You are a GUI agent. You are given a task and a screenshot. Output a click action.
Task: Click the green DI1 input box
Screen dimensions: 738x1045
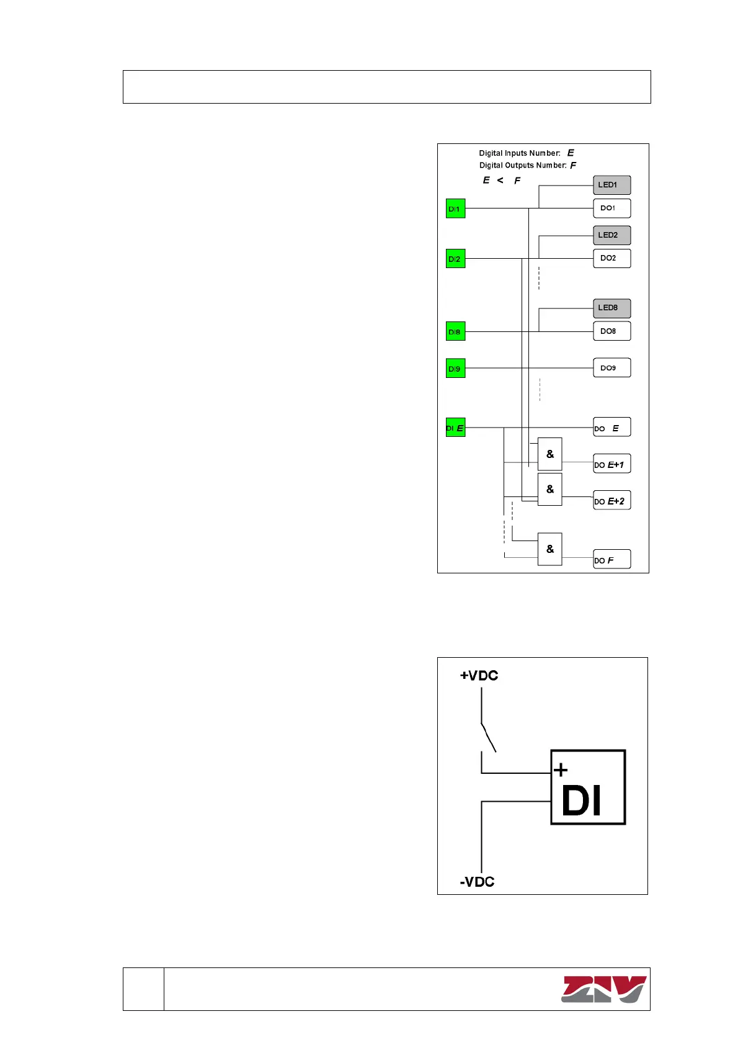(455, 209)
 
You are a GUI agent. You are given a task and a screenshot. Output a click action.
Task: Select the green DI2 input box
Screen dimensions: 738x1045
(455, 259)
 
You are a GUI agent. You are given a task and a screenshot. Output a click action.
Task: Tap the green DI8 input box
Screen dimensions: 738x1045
(455, 331)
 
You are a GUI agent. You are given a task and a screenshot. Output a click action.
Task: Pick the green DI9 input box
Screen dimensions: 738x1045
(455, 368)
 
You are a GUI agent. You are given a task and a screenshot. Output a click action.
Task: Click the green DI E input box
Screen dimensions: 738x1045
(455, 428)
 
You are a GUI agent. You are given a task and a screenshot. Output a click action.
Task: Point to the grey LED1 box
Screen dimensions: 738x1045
(611, 185)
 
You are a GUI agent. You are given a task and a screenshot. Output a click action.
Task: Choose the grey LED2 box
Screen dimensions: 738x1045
(611, 235)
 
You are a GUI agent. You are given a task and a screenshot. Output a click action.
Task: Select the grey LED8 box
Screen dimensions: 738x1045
(611, 308)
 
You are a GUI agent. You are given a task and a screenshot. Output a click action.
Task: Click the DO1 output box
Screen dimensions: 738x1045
(611, 208)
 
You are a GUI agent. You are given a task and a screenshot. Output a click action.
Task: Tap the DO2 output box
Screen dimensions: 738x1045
(611, 258)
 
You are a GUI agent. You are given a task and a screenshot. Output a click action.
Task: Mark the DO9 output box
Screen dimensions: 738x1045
(611, 367)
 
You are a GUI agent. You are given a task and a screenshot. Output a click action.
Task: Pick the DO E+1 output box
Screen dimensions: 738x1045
(611, 464)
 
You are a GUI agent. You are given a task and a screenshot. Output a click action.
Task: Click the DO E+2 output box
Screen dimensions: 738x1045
(611, 500)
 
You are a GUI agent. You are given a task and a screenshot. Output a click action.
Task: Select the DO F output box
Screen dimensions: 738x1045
(611, 559)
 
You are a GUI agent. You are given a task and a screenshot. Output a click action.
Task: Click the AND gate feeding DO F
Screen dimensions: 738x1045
(549, 549)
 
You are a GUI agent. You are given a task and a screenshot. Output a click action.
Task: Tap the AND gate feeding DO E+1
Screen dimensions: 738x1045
(549, 454)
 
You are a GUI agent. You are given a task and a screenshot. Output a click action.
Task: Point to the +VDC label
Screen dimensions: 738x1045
(479, 676)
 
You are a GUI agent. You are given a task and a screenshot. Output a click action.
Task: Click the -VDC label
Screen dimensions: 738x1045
(477, 882)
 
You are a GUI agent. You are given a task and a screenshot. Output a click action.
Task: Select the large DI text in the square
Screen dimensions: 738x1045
(581, 801)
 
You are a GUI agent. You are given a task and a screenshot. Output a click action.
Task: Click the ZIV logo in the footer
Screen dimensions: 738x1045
(603, 989)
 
